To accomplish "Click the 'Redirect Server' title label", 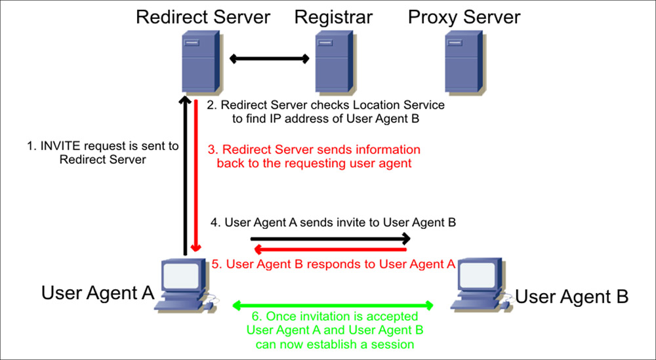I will [x=203, y=16].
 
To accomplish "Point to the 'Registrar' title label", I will [x=334, y=16].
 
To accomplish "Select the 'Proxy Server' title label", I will [x=464, y=16].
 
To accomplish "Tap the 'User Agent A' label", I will [x=98, y=292].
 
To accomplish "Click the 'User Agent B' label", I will [x=571, y=296].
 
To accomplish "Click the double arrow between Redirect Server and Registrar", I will [x=269, y=59].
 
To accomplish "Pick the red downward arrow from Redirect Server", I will [x=195, y=177].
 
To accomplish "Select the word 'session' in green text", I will [x=393, y=344].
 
